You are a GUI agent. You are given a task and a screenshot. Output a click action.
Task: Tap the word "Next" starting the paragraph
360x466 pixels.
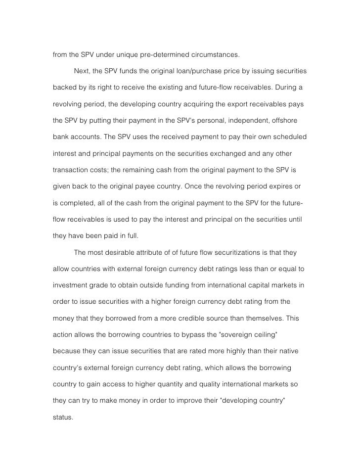(82, 71)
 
